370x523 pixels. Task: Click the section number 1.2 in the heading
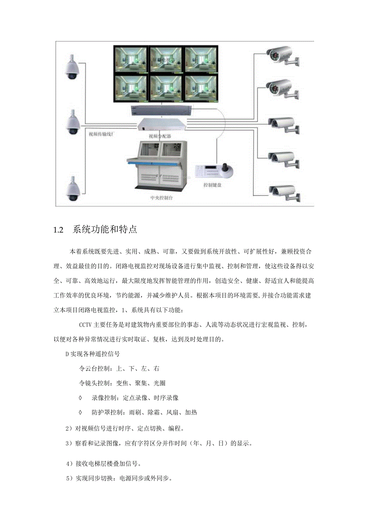tap(59, 230)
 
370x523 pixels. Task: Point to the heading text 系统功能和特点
tap(105, 230)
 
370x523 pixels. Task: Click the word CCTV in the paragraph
tap(86, 324)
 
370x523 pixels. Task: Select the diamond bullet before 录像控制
tap(81, 398)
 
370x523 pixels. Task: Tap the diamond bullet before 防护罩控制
tap(81, 412)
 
